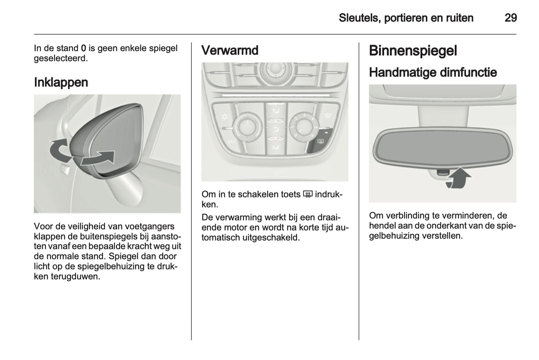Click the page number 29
coord(510,18)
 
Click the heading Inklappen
coord(61,82)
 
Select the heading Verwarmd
coord(229,50)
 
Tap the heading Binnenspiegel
coord(413,51)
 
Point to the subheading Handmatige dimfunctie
coord(433,72)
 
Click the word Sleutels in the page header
coord(358,18)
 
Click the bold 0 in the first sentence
coord(84,48)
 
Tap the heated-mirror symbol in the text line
coord(307,194)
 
